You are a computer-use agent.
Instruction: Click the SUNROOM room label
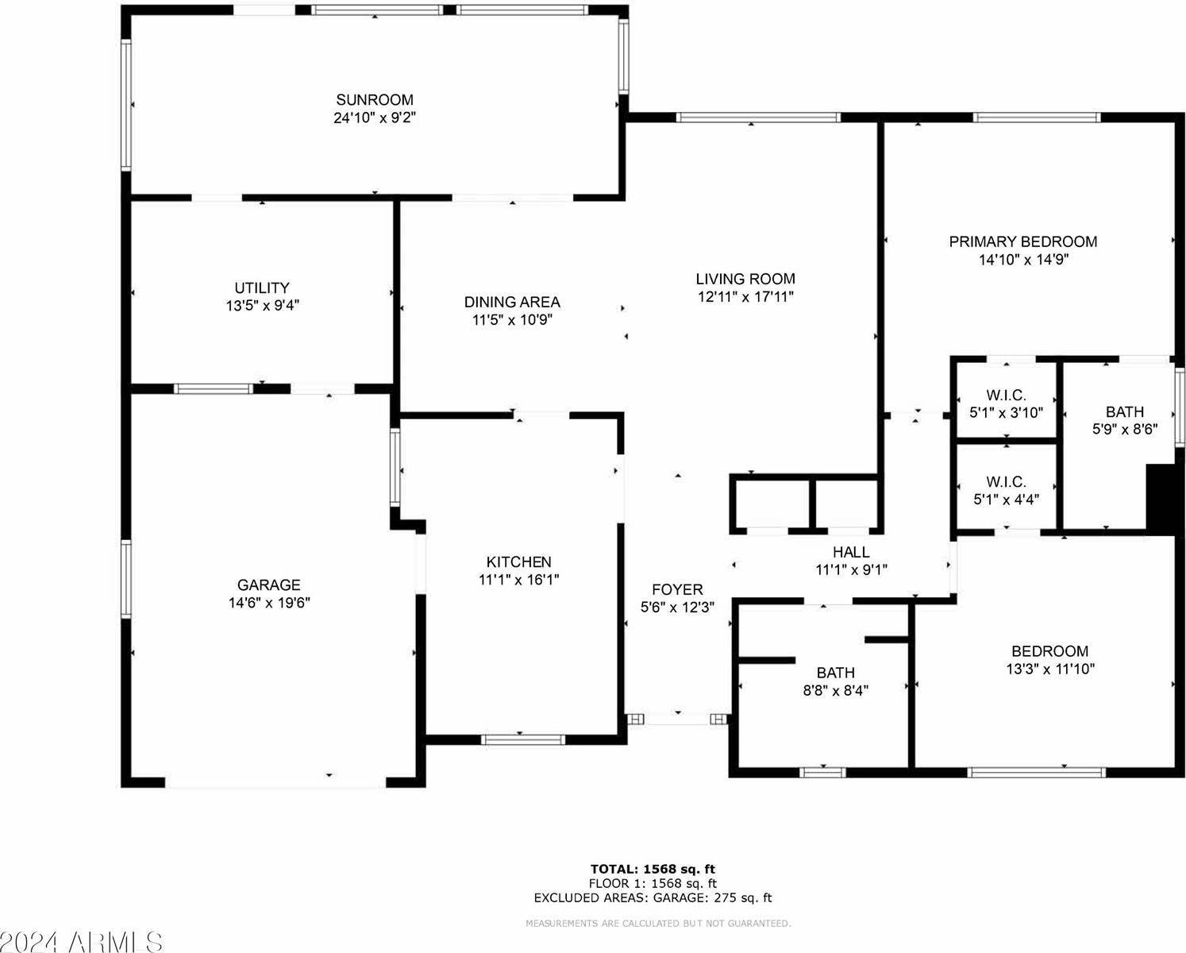[374, 100]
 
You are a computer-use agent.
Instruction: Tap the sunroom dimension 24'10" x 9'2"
[374, 118]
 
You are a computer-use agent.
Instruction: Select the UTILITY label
[262, 287]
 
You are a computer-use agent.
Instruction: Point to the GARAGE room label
[269, 585]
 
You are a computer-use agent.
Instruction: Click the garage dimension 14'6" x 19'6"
[269, 603]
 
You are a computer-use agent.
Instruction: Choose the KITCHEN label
[518, 561]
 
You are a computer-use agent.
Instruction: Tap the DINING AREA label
[512, 303]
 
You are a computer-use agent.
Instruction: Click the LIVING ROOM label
[745, 279]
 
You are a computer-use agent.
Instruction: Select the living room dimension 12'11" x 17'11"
[745, 297]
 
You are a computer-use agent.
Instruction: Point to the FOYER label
[677, 589]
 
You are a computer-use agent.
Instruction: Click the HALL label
[851, 552]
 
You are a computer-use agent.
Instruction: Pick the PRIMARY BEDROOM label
[1023, 241]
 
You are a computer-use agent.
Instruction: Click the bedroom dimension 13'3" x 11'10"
[1050, 669]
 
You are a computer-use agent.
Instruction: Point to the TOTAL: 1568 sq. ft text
[653, 870]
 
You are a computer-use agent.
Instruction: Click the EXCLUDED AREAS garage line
[653, 898]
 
